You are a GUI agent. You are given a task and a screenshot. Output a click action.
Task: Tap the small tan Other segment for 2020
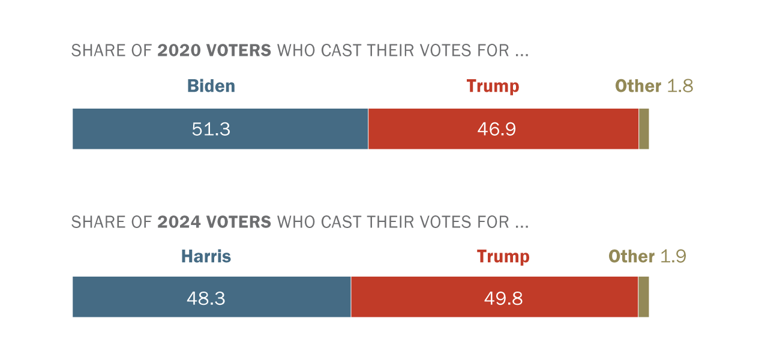pos(644,129)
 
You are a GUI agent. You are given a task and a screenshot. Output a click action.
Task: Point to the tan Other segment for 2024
pos(643,297)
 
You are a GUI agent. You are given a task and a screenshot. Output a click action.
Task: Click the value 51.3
pos(211,129)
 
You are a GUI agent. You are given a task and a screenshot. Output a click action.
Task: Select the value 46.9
pos(497,129)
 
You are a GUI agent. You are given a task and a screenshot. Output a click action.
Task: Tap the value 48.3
pos(206,298)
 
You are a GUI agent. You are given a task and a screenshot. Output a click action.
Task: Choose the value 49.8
pos(503,298)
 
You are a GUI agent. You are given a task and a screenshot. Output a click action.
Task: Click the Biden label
pos(211,86)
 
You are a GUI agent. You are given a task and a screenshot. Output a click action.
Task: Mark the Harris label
pos(206,257)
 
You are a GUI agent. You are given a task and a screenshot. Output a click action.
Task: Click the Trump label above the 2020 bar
pos(493,86)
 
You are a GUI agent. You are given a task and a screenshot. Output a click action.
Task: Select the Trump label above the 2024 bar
pos(503,257)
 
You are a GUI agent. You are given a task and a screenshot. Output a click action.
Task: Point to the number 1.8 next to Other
pos(680,86)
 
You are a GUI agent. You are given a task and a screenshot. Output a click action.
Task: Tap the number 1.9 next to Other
pos(673,257)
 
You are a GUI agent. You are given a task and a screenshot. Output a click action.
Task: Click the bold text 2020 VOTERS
pos(214,51)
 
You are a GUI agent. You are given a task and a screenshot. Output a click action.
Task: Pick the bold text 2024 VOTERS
pos(214,223)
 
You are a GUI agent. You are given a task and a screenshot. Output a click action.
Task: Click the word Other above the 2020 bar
pos(638,86)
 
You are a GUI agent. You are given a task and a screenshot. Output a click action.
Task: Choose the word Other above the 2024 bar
pos(631,257)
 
